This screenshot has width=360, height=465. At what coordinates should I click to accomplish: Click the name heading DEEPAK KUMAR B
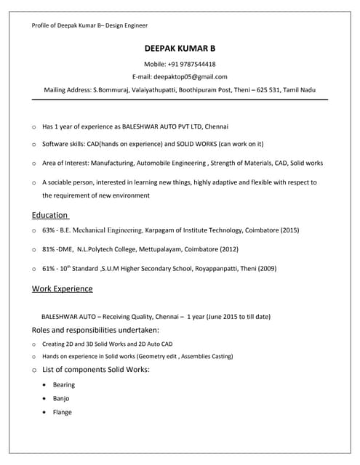180,49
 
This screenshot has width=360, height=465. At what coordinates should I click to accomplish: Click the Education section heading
50,215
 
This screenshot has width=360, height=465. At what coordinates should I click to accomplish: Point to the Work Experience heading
62,288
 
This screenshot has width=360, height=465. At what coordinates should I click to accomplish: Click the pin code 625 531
273,89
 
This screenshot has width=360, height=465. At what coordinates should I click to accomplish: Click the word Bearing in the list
64,385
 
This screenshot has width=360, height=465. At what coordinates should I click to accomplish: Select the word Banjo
62,399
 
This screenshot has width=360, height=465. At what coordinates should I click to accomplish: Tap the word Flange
63,413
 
